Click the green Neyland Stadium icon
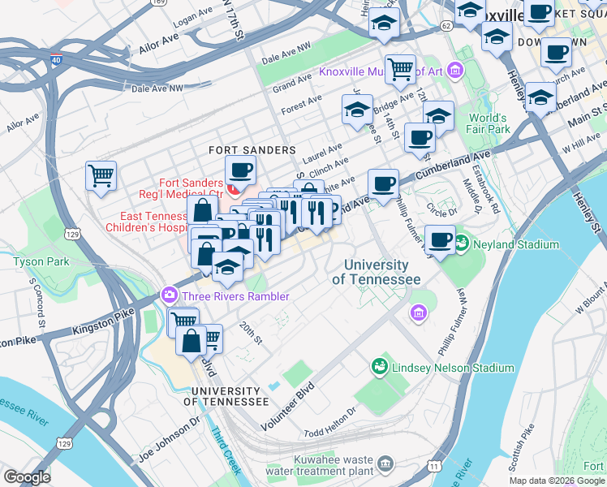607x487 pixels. (x=462, y=243)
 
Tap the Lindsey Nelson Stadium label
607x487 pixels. (x=453, y=368)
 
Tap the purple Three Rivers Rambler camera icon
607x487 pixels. (x=170, y=295)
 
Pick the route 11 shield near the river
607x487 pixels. (x=435, y=466)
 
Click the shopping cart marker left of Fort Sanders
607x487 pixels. (x=101, y=175)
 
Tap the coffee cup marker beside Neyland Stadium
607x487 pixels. (x=440, y=240)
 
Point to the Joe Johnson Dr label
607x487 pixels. (x=169, y=434)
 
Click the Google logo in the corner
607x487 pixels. (x=27, y=477)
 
